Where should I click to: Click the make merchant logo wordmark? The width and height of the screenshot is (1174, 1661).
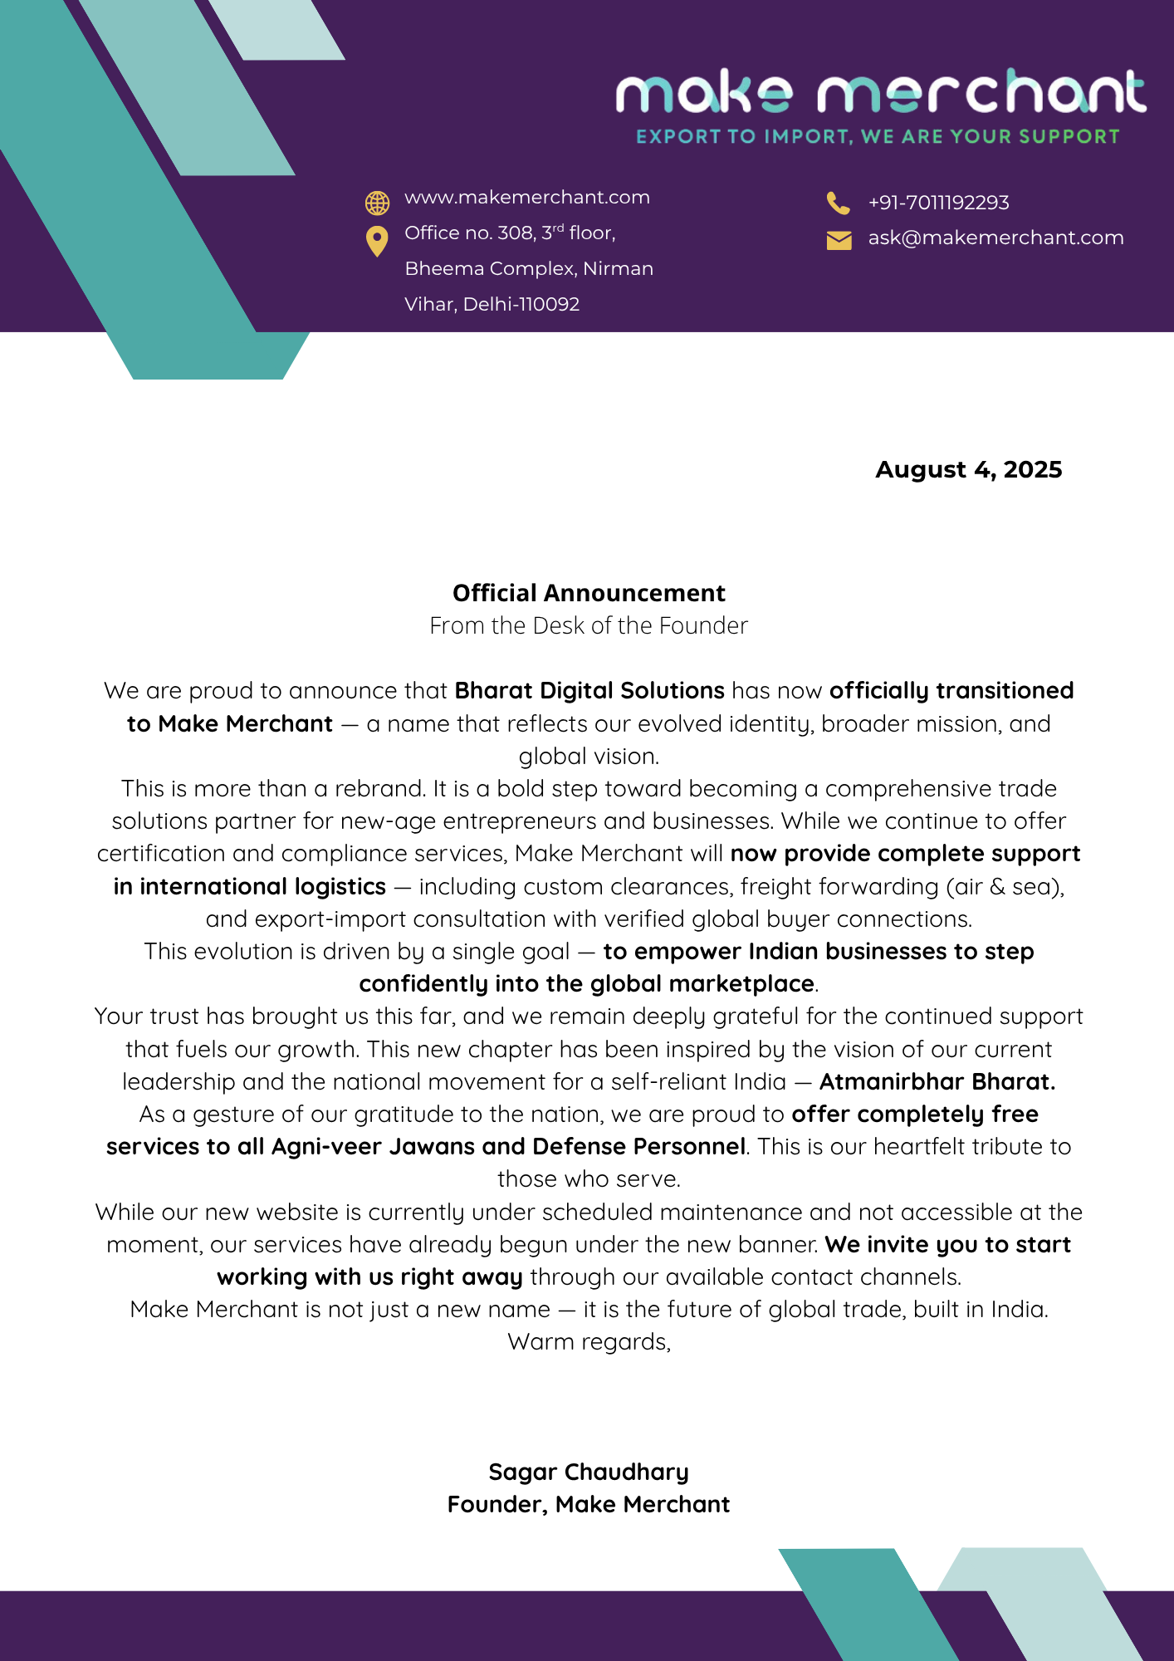pyautogui.click(x=880, y=91)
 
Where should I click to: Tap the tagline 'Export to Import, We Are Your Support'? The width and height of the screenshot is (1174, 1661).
pyautogui.click(x=878, y=137)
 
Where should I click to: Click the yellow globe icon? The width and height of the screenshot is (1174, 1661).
pyautogui.click(x=377, y=203)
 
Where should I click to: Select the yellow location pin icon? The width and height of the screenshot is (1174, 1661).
pyautogui.click(x=377, y=241)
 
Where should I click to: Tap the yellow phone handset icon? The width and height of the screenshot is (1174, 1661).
pyautogui.click(x=838, y=203)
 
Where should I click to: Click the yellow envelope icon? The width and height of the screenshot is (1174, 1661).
pyautogui.click(x=839, y=240)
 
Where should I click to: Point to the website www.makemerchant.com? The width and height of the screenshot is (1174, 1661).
pyautogui.click(x=526, y=198)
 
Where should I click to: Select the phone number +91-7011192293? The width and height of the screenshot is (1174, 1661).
pyautogui.click(x=938, y=203)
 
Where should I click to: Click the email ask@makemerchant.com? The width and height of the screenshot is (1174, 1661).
pyautogui.click(x=995, y=238)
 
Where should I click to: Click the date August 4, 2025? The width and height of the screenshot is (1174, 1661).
pyautogui.click(x=968, y=470)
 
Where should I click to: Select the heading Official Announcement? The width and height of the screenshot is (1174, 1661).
pyautogui.click(x=589, y=593)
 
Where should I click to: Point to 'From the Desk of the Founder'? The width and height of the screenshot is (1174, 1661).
pyautogui.click(x=589, y=625)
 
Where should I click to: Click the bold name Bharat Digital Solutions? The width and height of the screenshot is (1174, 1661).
pyautogui.click(x=589, y=691)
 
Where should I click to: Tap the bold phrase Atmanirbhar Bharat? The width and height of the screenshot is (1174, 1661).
pyautogui.click(x=937, y=1082)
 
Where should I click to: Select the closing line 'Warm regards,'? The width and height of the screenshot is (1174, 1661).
pyautogui.click(x=589, y=1342)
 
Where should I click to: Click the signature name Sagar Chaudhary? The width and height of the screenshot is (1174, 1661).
pyautogui.click(x=589, y=1472)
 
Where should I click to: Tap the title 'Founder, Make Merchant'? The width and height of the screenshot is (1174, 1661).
pyautogui.click(x=589, y=1505)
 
